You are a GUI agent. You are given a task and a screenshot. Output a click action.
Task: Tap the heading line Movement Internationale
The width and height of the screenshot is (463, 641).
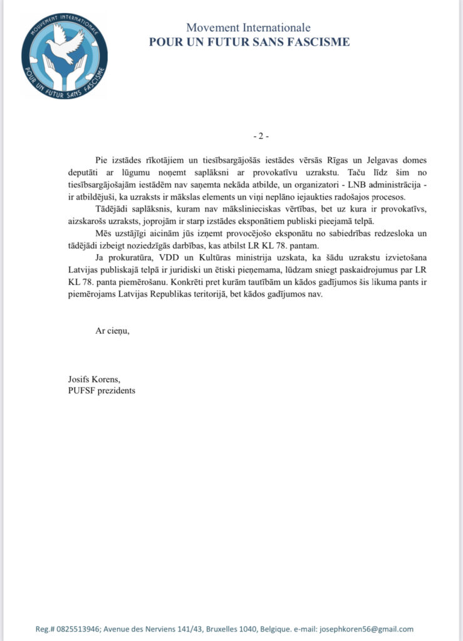point(249,28)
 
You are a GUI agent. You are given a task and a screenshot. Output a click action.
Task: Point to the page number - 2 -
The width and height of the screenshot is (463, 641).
point(259,136)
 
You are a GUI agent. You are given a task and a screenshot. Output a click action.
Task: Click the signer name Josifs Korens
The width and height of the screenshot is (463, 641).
point(91,379)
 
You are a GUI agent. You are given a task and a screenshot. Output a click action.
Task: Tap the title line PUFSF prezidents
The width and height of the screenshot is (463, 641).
point(101,391)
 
